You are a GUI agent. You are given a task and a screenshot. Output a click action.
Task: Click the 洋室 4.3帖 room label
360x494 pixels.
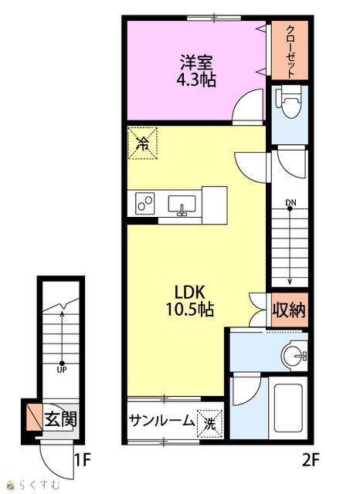point(196,71)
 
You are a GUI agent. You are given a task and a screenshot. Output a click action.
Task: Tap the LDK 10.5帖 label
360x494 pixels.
point(190,301)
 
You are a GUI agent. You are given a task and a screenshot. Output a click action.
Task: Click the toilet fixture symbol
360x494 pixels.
point(289,102)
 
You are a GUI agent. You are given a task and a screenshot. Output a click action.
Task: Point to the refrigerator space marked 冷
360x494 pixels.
point(142,143)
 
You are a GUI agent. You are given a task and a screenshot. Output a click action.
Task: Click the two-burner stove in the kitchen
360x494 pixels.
point(145,203)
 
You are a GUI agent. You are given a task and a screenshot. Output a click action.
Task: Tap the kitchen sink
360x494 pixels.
point(182,205)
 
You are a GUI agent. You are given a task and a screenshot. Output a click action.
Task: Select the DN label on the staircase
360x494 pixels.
point(291,203)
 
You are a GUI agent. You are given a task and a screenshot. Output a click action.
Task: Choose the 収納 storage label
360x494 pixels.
point(289,310)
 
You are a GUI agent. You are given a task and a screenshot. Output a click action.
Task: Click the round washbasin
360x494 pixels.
point(294,356)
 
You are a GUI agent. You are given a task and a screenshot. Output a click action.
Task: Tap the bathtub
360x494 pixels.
point(288,408)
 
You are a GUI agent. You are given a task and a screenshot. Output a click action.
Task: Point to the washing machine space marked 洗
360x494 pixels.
point(210,424)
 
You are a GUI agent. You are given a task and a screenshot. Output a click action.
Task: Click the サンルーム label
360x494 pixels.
point(161,421)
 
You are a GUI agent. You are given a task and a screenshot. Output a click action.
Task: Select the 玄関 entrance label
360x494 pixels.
point(60,419)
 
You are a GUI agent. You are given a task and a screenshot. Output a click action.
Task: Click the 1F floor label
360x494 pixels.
point(83,460)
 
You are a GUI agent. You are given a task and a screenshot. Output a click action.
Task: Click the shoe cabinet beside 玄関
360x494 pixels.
point(35,418)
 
